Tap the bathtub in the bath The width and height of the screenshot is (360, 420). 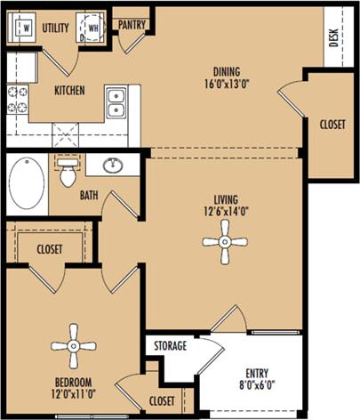[27, 183]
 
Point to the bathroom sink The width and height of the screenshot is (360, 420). [113, 166]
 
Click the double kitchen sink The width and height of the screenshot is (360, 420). [116, 103]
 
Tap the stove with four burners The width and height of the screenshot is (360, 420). [18, 99]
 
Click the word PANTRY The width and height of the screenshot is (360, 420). [132, 25]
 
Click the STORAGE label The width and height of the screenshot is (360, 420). [170, 345]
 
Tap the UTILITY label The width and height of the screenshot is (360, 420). [55, 28]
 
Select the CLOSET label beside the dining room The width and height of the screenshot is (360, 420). [332, 125]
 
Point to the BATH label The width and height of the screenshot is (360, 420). [89, 194]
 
